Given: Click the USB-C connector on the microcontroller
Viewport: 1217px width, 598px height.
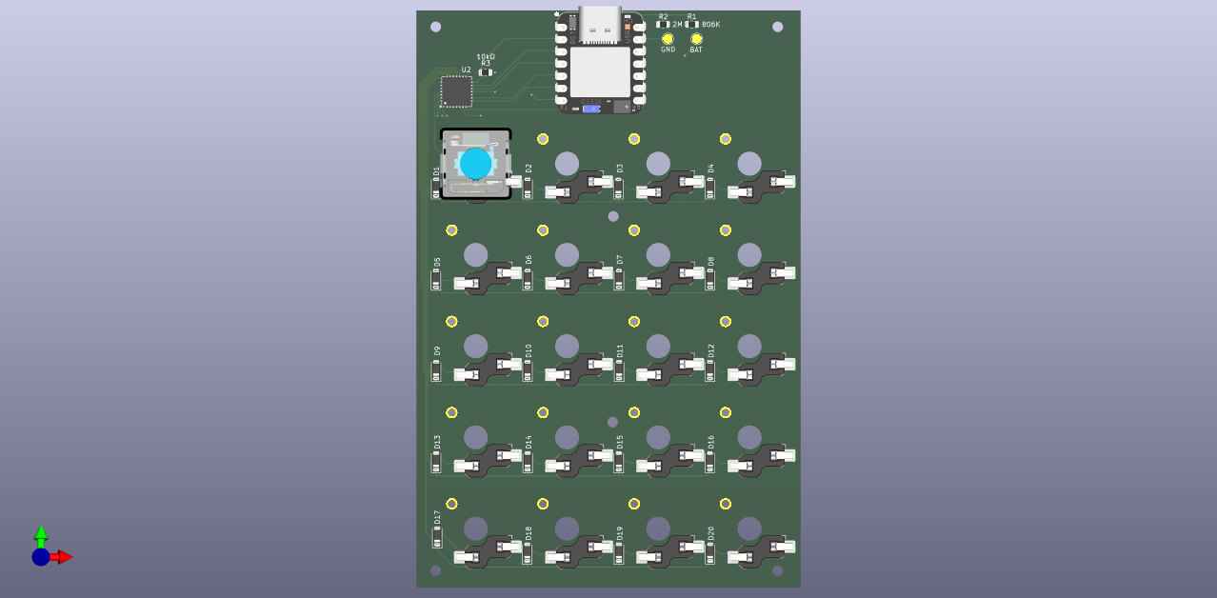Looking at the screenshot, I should click(x=600, y=24).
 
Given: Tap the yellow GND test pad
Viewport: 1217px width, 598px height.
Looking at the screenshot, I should click(x=668, y=39).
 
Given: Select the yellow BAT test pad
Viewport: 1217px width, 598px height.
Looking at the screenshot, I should click(x=696, y=39).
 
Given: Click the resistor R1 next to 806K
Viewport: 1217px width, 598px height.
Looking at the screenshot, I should click(x=691, y=24).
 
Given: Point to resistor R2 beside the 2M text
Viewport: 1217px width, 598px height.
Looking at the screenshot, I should click(x=663, y=24).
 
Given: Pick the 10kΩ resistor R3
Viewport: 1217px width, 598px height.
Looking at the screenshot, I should click(x=486, y=72).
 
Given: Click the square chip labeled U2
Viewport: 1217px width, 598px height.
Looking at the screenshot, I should click(x=456, y=91).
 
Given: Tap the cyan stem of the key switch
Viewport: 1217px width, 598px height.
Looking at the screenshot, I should click(x=475, y=164).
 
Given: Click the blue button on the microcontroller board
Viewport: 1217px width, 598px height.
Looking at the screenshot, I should click(x=591, y=109).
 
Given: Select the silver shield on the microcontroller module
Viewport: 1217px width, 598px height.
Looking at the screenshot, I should click(x=600, y=71).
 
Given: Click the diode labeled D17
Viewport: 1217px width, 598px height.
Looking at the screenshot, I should click(x=437, y=538).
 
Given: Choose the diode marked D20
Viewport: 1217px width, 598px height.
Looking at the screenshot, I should click(x=709, y=552).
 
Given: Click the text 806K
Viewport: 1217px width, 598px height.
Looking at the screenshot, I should click(x=710, y=24).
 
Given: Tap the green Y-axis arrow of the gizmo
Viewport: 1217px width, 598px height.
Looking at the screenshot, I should click(x=41, y=533).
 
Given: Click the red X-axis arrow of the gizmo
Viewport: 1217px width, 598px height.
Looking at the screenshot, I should click(x=64, y=557).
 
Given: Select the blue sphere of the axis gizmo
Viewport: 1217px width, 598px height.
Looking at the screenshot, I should click(x=41, y=557).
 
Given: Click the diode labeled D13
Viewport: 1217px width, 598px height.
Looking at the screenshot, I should click(x=437, y=462).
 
